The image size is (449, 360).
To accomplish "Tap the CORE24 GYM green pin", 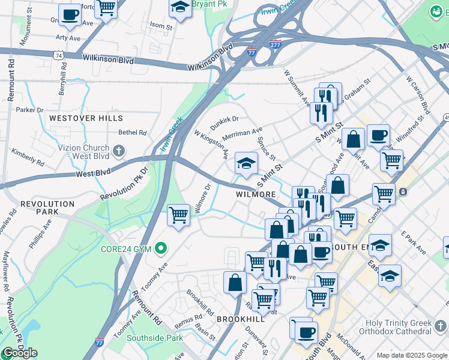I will pos(160,247).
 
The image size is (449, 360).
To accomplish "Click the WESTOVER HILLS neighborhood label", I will pos(86,118).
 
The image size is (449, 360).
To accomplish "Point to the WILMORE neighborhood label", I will pos(256,194).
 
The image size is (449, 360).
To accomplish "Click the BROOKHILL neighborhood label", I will pos(240,319).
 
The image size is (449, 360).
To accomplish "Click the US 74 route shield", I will pos(58,55).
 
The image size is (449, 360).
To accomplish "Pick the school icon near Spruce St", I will pos(246,163).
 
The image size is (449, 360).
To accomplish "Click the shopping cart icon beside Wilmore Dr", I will pos(178,214).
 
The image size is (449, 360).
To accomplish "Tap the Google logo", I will pos(20,353).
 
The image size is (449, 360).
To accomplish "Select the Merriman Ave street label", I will pos(243,133).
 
